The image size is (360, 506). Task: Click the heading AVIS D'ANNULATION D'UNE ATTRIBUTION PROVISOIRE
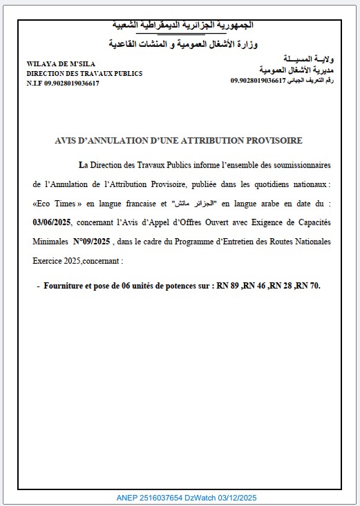(178, 140)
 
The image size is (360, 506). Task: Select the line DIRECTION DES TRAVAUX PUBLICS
(84, 73)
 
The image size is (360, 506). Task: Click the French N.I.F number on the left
(63, 83)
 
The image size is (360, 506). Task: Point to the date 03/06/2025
(52, 223)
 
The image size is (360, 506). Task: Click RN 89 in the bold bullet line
(229, 285)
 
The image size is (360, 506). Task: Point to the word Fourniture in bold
(64, 285)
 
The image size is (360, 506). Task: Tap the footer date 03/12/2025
(237, 498)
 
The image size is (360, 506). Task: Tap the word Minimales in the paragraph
(50, 242)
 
